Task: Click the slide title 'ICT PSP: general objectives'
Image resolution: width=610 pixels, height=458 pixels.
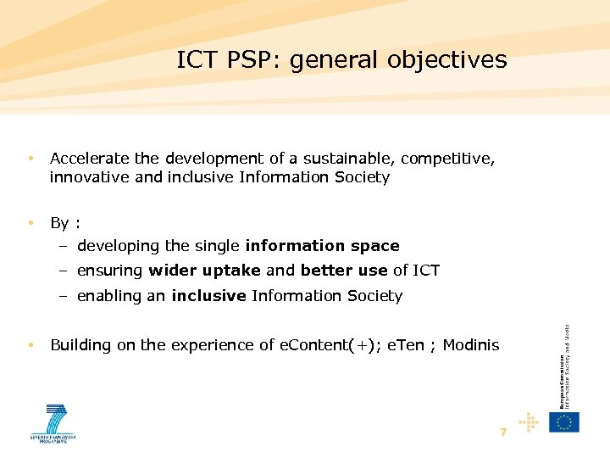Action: (x=341, y=60)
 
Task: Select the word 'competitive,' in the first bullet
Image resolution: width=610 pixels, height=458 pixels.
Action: (x=448, y=159)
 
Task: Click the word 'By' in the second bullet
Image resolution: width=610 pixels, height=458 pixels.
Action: (x=59, y=223)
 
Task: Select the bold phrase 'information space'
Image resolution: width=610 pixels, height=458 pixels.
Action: (x=322, y=246)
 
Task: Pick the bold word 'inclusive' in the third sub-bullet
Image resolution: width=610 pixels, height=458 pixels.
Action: (x=208, y=296)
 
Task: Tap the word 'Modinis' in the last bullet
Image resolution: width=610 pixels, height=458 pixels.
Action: (x=471, y=345)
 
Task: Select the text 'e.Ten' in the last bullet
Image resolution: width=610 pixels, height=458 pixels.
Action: (x=405, y=345)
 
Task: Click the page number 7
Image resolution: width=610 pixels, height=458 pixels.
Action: (x=503, y=432)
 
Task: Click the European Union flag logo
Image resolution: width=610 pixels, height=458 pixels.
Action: (x=563, y=422)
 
